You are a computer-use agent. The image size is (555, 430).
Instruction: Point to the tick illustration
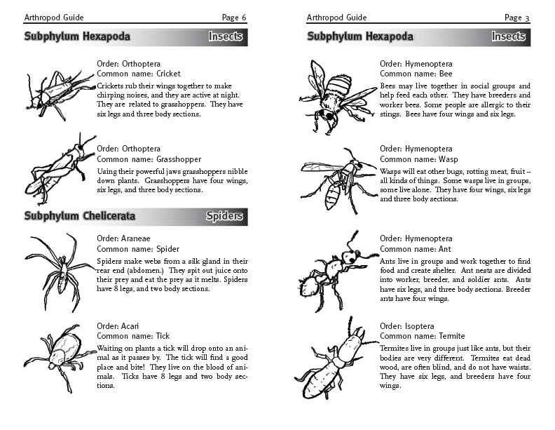pos(60,354)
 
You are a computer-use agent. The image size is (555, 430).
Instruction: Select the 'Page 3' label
pos(516,17)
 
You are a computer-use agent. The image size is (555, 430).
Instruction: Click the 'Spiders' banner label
pos(224,217)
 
